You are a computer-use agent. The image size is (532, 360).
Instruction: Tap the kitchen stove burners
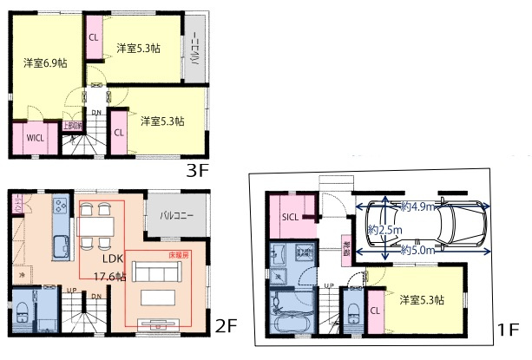point(61,206)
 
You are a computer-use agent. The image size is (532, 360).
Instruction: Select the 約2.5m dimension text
point(383,230)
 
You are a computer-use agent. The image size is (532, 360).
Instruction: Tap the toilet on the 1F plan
point(353,318)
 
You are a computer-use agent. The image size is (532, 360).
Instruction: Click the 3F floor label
point(199,170)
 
